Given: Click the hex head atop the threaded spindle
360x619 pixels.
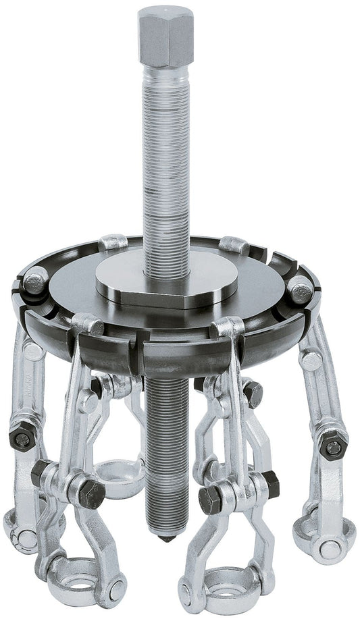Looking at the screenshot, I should (165, 36).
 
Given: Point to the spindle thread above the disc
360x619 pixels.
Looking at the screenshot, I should (165, 169).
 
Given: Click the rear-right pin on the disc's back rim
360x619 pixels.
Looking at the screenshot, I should (234, 244).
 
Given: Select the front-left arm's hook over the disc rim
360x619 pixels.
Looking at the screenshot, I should (88, 325).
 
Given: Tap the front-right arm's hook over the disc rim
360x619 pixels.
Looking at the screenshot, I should (228, 328).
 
